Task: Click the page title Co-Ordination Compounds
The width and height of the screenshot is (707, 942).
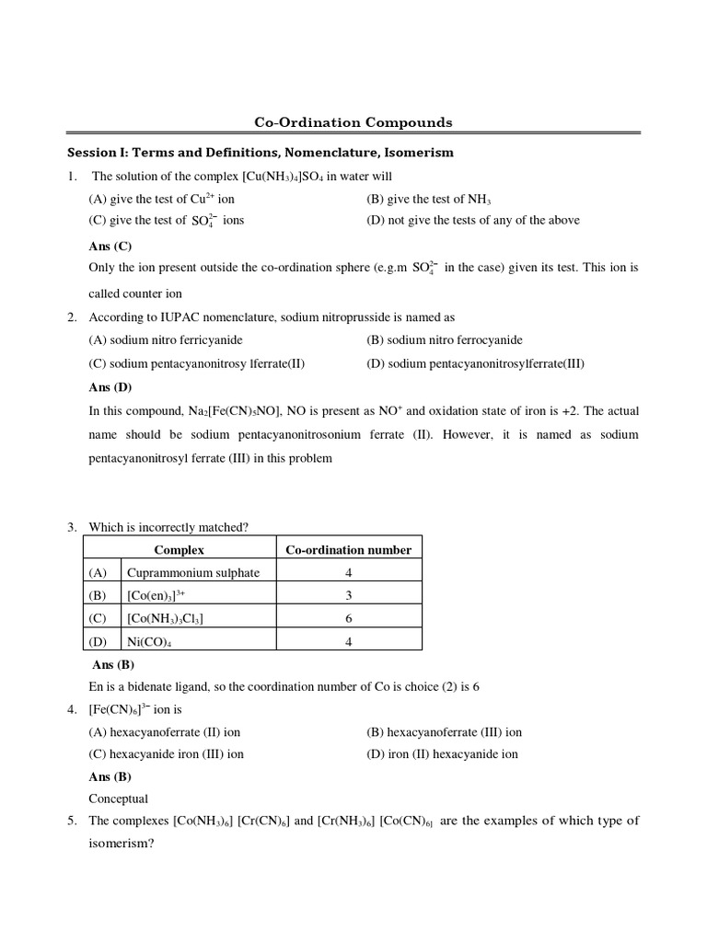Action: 353,121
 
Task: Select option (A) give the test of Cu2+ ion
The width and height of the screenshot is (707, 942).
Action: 162,199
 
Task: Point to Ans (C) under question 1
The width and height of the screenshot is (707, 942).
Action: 110,247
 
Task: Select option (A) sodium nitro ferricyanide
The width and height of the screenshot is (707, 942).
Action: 168,339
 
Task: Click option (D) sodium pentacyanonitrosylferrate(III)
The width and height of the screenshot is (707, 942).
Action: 475,363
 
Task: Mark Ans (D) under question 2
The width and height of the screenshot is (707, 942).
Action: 110,387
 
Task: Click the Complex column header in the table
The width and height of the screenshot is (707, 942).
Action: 179,550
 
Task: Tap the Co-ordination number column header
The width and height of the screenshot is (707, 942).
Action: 348,550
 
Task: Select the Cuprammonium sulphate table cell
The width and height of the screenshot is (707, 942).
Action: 193,572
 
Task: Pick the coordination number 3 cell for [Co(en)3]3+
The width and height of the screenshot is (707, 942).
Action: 348,595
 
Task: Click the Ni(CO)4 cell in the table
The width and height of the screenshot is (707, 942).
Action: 149,641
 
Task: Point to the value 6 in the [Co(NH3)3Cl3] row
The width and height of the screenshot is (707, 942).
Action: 348,618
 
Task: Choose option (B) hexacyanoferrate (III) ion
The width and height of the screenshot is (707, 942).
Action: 444,732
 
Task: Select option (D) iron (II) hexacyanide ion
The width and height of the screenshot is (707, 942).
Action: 442,754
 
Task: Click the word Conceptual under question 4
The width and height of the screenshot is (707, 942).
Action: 118,798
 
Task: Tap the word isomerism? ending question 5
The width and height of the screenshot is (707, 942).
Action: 120,843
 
